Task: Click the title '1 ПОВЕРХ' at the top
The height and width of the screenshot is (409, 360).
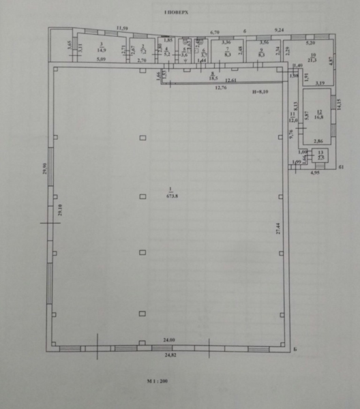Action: coord(175,13)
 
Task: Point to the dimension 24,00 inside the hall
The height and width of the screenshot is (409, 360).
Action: coord(169,340)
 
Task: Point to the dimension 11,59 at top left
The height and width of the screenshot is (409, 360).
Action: coord(121,27)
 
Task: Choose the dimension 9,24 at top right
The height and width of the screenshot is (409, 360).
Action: coord(278,31)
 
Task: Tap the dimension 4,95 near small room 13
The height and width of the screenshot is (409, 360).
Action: coord(315,174)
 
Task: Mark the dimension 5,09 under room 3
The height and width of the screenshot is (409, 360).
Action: coord(101,61)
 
